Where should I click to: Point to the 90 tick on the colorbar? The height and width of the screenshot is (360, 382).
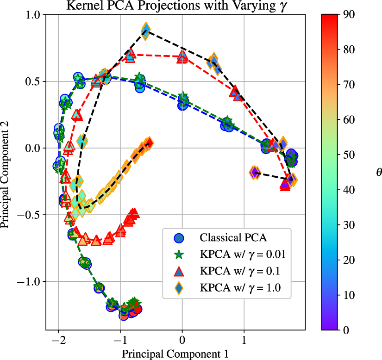pyautogui.click(x=350, y=14)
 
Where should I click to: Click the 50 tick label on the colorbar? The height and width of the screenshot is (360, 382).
pyautogui.click(x=350, y=155)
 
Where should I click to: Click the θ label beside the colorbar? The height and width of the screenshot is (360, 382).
pyautogui.click(x=379, y=172)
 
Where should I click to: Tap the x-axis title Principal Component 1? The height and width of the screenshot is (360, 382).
pyautogui.click(x=175, y=354)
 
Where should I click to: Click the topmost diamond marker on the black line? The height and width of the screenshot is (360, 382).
pyautogui.click(x=145, y=31)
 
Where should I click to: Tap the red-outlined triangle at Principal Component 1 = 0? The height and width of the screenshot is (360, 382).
pyautogui.click(x=182, y=56)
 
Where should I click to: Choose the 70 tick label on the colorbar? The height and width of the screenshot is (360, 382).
pyautogui.click(x=350, y=85)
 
